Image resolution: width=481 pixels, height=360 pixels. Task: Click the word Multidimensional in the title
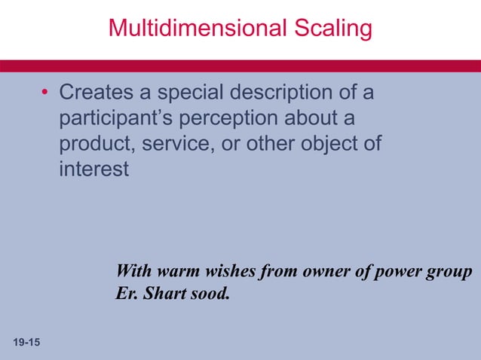(193, 29)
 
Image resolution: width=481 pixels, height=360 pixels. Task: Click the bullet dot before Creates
(45, 94)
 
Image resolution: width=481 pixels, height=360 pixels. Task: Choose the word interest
(94, 169)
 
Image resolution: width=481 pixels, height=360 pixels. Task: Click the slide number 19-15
(27, 343)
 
